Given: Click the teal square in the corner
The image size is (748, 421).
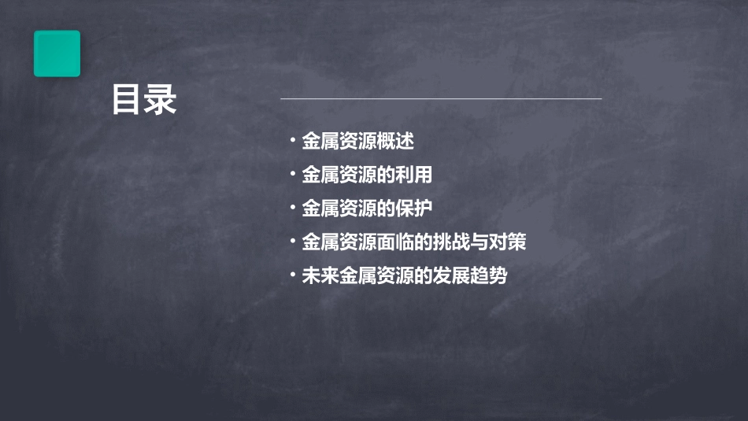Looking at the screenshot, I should (57, 54).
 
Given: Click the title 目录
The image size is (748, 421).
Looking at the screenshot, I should (144, 100).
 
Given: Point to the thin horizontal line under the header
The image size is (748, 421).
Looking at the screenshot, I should (441, 99).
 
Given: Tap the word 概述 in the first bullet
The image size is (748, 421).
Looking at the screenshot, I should (395, 142).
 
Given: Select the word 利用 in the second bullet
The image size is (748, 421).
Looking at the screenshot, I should (414, 175).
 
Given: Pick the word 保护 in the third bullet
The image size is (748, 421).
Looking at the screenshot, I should (414, 209).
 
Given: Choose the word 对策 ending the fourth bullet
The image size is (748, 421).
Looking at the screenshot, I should (507, 242).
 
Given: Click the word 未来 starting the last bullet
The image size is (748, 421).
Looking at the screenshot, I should (320, 276).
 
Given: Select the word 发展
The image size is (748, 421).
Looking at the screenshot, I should (451, 276).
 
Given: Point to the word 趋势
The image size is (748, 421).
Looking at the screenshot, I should (489, 276).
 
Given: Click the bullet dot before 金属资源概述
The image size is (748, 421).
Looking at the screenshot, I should (292, 141).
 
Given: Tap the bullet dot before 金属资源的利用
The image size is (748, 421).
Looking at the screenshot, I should (292, 174).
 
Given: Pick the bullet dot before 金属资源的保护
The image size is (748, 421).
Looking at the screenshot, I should (292, 208).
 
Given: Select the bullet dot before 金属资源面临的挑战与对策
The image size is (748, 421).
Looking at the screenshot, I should (292, 242).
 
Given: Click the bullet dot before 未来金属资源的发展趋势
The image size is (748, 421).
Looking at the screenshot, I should (292, 275).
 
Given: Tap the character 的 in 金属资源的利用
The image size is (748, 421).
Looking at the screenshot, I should (386, 175).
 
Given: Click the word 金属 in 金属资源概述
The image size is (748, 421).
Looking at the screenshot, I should (320, 142).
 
